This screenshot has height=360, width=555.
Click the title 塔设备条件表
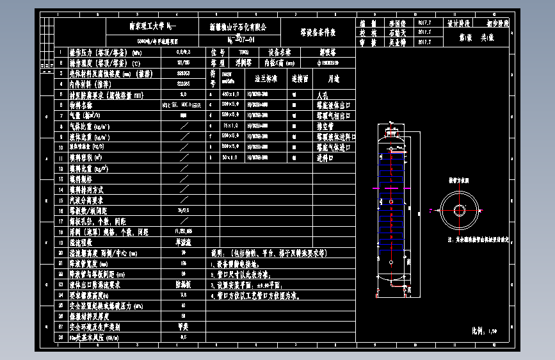pos(318,32)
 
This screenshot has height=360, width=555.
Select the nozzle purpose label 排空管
pos(326,126)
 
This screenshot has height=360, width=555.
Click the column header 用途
pos(334,79)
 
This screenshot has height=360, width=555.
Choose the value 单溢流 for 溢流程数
pos(183,243)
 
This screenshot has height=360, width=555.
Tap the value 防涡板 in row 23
pos(183,284)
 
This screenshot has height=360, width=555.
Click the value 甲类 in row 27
pos(183,326)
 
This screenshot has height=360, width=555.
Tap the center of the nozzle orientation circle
pos(459,209)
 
